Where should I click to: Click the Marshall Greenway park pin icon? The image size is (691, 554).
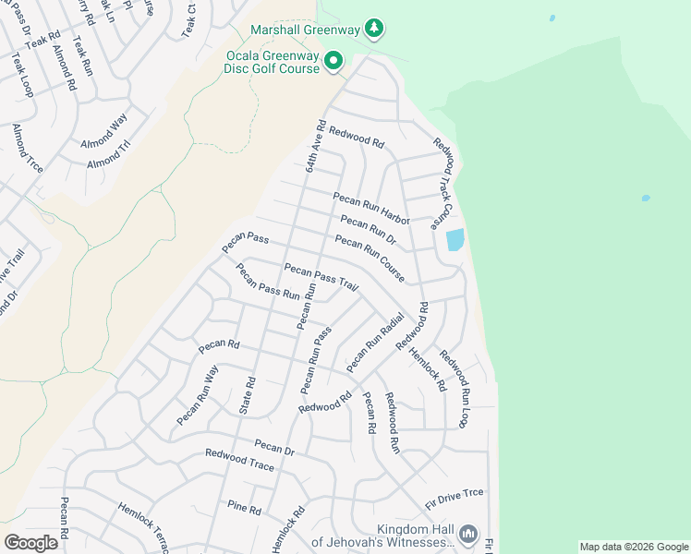coord(373,29)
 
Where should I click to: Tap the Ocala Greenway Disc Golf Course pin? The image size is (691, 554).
coord(333,63)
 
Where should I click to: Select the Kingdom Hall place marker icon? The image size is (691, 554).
coord(468,535)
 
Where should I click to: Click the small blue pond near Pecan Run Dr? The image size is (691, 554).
coord(455,240)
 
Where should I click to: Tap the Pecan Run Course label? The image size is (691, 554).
coord(370,259)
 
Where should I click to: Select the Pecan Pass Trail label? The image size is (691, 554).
coord(321,277)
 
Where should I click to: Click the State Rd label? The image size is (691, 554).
coord(249,394)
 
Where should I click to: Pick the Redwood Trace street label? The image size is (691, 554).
coord(239,460)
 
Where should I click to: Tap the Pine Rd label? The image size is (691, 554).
coord(245,508)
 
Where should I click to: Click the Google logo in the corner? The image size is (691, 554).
coord(30,543)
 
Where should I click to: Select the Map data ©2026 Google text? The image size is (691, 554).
coord(634,547)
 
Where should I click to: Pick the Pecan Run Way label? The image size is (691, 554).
coord(197,396)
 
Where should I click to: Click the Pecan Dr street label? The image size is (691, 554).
coord(273,448)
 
